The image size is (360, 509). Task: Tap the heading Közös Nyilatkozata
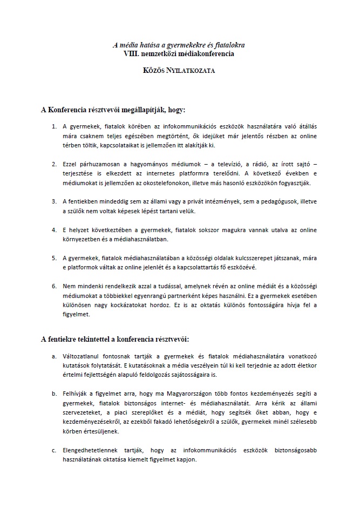click(x=179, y=71)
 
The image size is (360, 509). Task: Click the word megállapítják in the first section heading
click(x=140, y=110)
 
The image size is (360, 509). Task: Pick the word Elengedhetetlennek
click(x=93, y=450)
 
